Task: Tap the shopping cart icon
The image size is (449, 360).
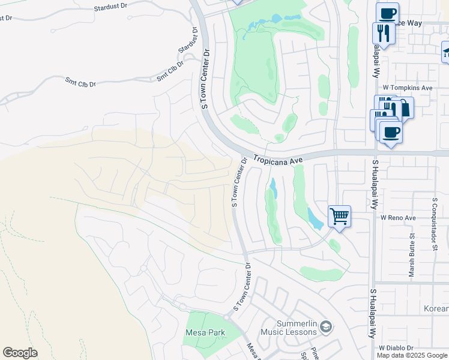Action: point(339,215)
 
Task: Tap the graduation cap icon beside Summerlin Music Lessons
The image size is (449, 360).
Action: point(326,327)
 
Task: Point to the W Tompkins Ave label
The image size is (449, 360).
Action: point(408,88)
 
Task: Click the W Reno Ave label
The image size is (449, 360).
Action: point(398,218)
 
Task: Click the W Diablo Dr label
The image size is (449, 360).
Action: point(397,348)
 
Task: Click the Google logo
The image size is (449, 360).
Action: point(20,353)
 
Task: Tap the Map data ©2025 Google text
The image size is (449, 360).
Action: point(412,355)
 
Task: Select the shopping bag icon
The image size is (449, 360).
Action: point(404,108)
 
